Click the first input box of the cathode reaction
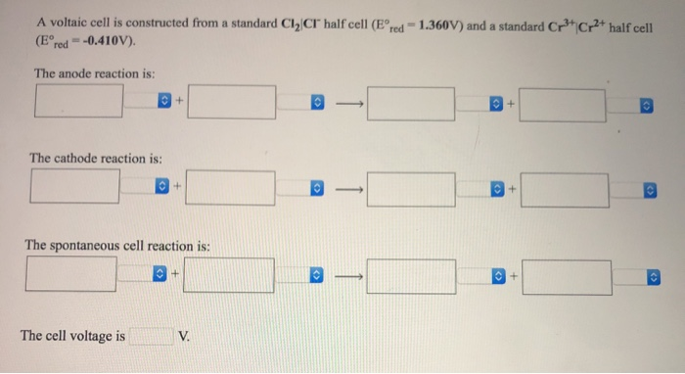[75, 183]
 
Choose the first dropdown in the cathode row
[160, 184]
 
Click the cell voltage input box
[152, 336]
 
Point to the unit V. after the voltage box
[185, 337]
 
